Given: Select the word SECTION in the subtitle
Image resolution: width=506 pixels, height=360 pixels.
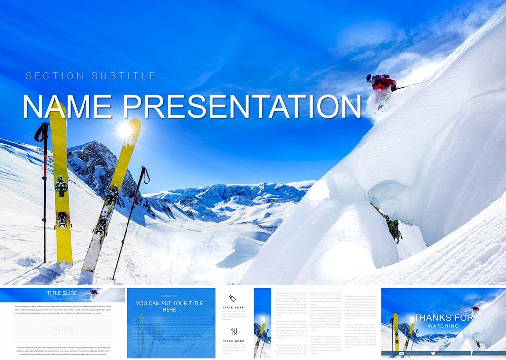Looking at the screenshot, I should [54, 76].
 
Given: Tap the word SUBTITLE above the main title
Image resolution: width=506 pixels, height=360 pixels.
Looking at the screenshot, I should [124, 76].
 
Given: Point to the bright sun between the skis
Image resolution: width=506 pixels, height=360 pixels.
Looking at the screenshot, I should [125, 130].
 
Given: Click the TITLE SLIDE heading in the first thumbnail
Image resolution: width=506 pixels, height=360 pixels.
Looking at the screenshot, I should [62, 293].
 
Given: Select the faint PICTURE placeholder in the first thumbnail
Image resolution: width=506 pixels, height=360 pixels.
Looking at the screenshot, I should [63, 329].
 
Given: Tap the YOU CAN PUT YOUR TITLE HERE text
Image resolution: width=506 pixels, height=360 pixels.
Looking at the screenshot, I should [169, 306].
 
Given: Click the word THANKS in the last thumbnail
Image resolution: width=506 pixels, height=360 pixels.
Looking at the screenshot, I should [437, 318].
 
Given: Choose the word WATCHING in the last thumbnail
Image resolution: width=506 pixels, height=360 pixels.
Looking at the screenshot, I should [443, 326].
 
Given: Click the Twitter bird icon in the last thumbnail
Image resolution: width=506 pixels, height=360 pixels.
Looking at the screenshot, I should [433, 353].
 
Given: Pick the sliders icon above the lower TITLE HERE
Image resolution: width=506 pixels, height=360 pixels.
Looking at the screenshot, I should [234, 331].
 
